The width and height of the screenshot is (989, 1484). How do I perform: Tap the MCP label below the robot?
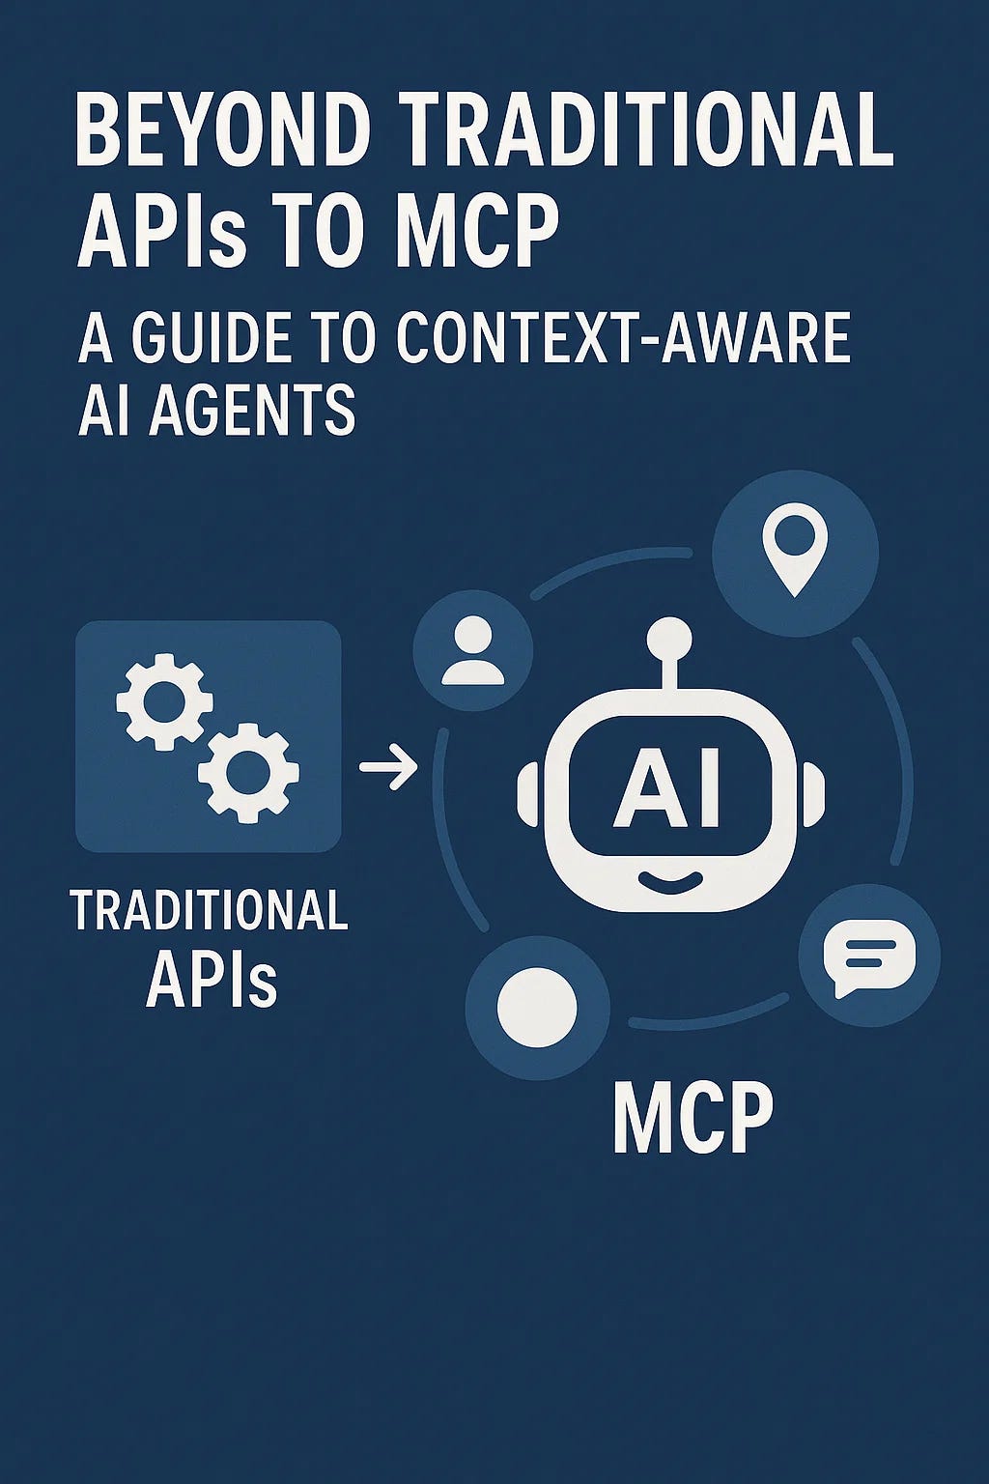pyautogui.click(x=692, y=1117)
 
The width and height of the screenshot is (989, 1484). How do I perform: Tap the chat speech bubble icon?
pyautogui.click(x=868, y=957)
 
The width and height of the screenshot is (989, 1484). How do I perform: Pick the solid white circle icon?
pyautogui.click(x=537, y=1008)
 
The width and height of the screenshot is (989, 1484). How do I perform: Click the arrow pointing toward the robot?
pyautogui.click(x=388, y=769)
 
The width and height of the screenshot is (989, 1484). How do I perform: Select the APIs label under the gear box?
pyautogui.click(x=212, y=979)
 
